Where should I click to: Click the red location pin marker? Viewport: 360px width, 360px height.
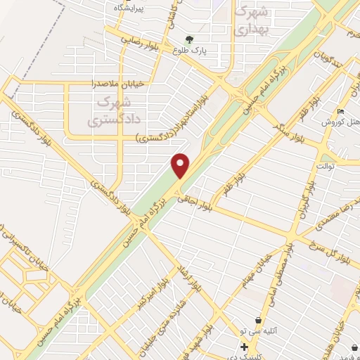pyautogui.click(x=181, y=165)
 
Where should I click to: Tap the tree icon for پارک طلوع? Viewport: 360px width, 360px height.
pyautogui.click(x=187, y=39)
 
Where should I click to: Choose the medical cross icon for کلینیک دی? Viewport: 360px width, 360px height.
pyautogui.click(x=243, y=347)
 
